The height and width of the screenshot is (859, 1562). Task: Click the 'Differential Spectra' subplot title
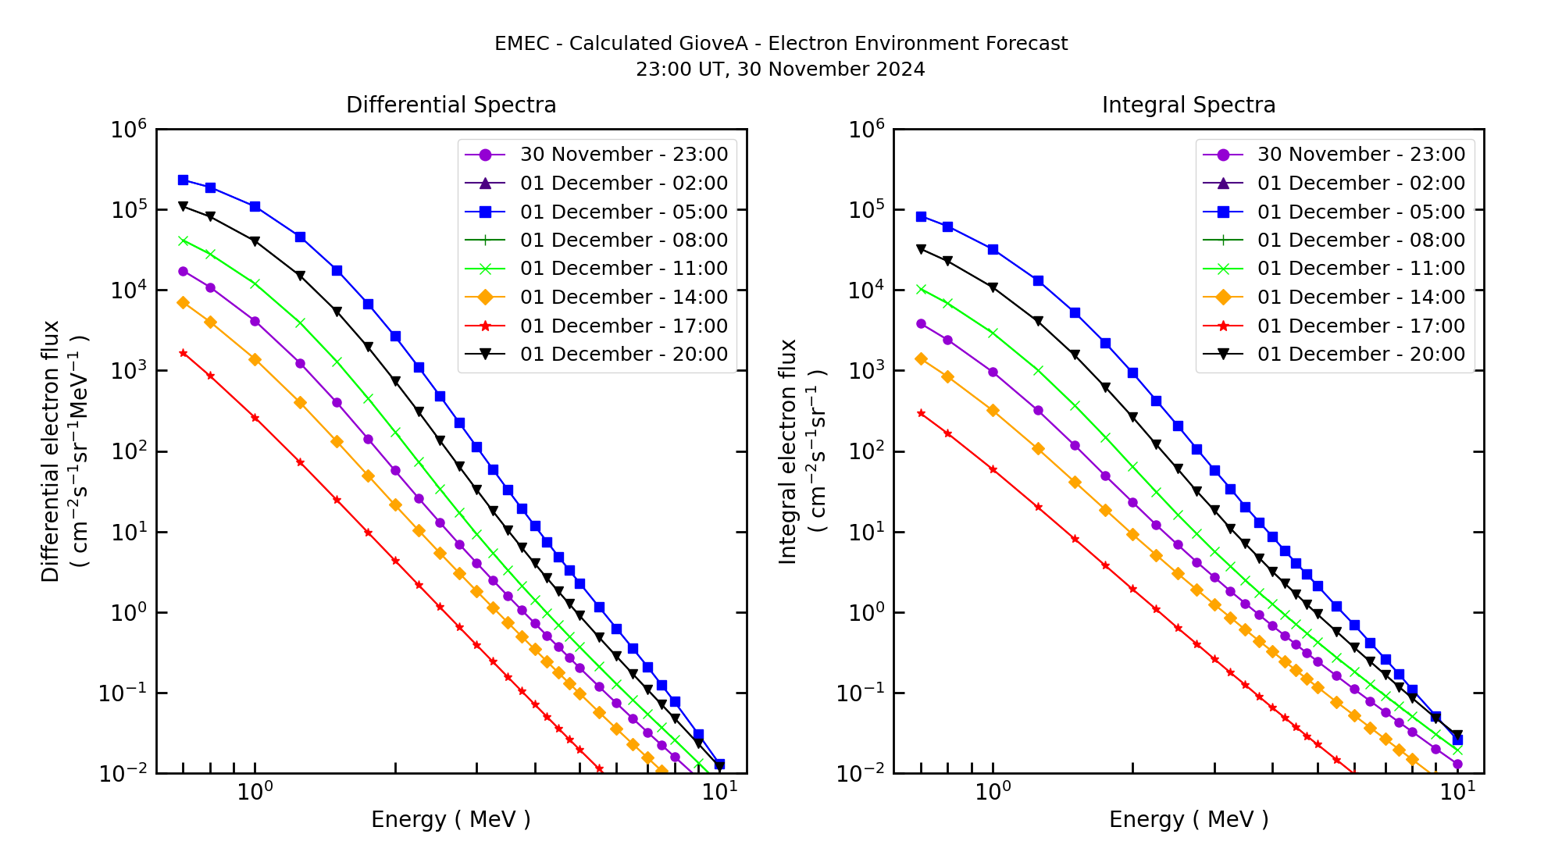tap(451, 105)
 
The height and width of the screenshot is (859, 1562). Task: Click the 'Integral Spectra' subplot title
tap(1188, 105)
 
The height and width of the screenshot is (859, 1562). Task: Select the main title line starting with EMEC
tap(780, 44)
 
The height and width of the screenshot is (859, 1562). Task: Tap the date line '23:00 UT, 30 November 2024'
tap(780, 70)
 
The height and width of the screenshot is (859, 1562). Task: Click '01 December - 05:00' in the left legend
tap(623, 212)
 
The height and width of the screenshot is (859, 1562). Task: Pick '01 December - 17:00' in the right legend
tap(1361, 326)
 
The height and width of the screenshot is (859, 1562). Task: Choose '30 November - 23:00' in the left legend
tap(623, 155)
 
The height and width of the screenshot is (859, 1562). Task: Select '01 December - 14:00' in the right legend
tap(1361, 298)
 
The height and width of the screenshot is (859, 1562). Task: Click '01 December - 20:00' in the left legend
tap(623, 355)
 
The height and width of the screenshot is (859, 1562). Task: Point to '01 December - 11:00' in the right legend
tap(1361, 269)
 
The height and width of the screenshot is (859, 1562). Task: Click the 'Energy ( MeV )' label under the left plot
tap(451, 819)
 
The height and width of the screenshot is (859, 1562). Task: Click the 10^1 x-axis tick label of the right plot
tap(1457, 791)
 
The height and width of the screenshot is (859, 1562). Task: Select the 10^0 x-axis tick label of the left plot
tap(255, 791)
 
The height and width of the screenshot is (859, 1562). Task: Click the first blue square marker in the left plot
tap(183, 180)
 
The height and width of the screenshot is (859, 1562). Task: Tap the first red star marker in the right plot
tap(921, 413)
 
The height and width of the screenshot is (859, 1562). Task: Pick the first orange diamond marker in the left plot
tap(183, 302)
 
